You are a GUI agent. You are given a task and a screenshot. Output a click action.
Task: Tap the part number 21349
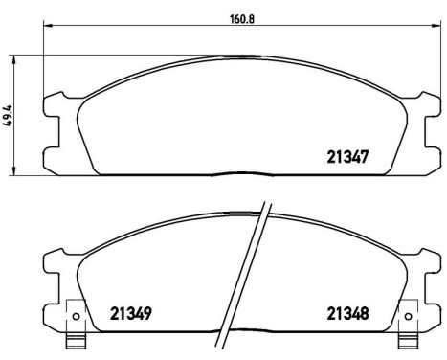(x=131, y=312)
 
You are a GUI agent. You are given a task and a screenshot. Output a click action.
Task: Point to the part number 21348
(x=348, y=312)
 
